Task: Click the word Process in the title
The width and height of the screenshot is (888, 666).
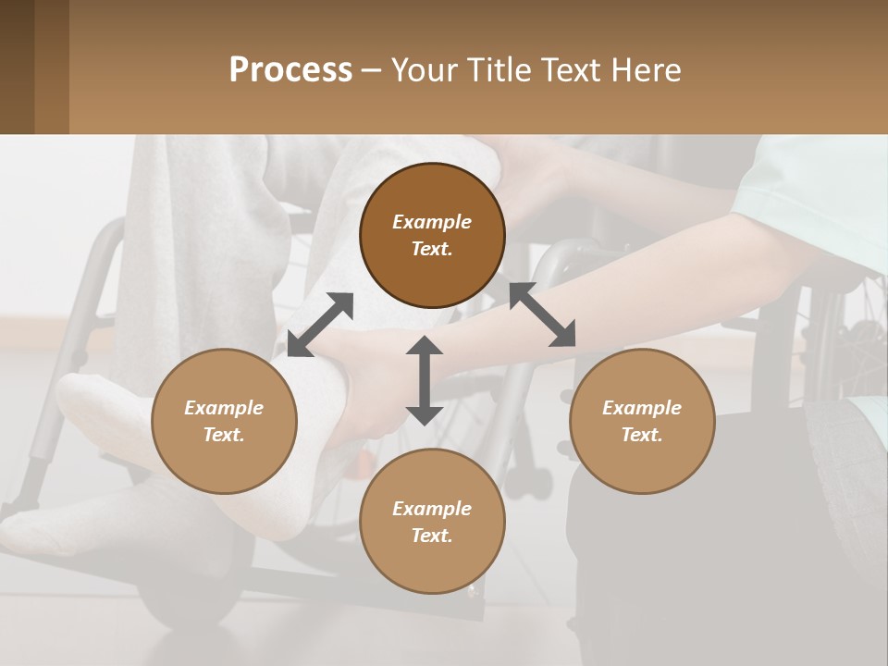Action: point(290,70)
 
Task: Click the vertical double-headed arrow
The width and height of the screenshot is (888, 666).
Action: point(425,380)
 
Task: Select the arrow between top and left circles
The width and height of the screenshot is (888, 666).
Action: point(320,325)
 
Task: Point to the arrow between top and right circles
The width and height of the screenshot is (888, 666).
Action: point(543,315)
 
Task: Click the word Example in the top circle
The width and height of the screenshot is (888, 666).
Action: point(432,222)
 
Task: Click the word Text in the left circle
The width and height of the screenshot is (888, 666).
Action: point(224,435)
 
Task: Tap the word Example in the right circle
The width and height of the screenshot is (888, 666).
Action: point(642,408)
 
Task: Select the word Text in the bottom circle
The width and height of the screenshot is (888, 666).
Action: point(432,536)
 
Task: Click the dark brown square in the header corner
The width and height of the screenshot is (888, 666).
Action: point(17,67)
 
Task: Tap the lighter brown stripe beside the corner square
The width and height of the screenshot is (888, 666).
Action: point(52,67)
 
